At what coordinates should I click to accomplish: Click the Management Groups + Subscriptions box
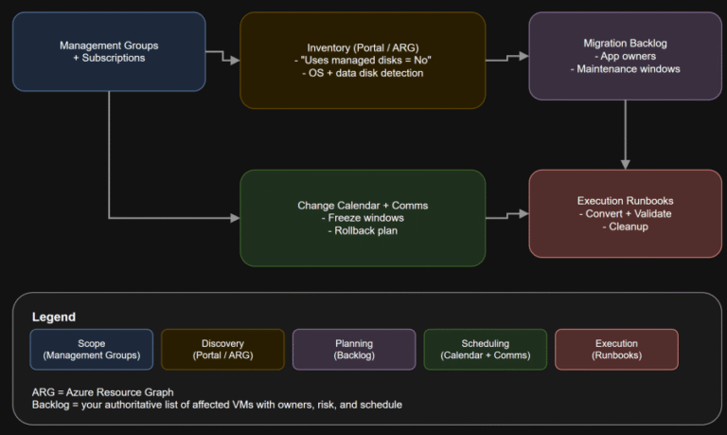coord(109,51)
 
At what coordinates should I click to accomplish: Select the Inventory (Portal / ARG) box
coord(363,60)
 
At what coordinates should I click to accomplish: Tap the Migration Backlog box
coord(625,56)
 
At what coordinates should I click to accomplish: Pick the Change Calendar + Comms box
coord(363,217)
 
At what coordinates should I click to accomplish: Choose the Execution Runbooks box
coord(625,213)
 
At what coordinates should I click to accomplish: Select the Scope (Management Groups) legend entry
coord(91,349)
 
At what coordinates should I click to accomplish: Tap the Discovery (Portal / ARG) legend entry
coord(222,349)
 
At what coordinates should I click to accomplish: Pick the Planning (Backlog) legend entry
coord(353,349)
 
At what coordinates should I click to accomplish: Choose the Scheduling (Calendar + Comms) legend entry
coord(485,349)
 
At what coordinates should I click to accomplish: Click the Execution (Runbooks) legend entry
coord(616,349)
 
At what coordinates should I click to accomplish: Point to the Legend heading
coord(53,317)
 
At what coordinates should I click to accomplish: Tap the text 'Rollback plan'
coord(363,229)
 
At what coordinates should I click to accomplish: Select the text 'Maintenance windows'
coord(625,68)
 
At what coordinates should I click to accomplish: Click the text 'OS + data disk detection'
coord(363,73)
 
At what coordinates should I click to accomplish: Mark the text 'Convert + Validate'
coord(625,213)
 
